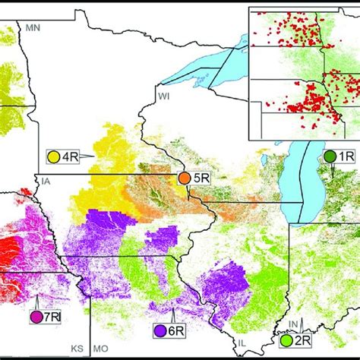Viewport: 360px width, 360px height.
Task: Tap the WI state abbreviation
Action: pyautogui.click(x=163, y=95)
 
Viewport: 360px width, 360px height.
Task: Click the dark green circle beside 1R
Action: pyautogui.click(x=330, y=156)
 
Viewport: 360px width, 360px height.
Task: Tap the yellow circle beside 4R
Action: pyautogui.click(x=55, y=157)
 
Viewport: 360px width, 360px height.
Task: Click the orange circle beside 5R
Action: pyautogui.click(x=185, y=178)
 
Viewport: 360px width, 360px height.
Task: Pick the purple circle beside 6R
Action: pyautogui.click(x=161, y=331)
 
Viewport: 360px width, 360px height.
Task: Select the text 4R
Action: pyautogui.click(x=71, y=157)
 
